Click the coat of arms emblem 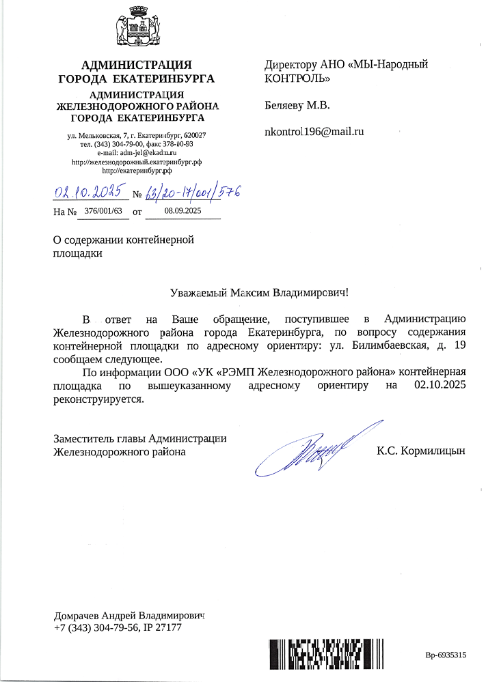136,27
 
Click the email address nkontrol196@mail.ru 314,131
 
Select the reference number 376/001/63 103,212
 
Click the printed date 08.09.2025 183,212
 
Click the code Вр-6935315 446,655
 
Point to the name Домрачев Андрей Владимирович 129,615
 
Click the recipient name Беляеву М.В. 297,106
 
